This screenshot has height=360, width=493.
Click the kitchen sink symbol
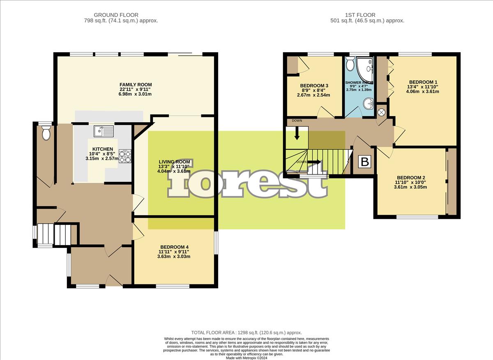104,131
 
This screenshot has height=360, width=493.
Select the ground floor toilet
46,133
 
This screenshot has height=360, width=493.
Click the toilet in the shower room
350,64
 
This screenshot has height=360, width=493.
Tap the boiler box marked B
364,162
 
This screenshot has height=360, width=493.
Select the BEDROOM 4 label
175,247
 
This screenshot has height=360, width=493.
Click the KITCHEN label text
103,149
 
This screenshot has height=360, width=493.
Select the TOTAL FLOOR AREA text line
246,332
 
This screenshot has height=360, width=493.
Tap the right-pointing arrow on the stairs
316,162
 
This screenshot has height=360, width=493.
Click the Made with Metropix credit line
246,357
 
